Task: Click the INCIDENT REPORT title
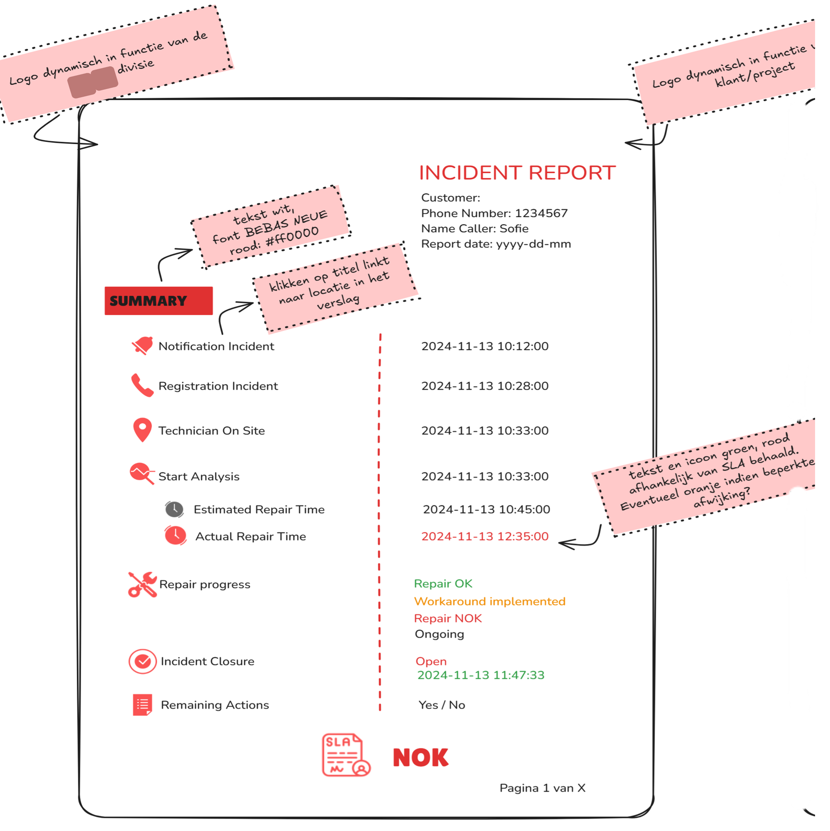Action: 517,173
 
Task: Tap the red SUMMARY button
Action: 159,301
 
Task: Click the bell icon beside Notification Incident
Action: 142,346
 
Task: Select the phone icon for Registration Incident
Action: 142,385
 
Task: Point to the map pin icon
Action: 142,429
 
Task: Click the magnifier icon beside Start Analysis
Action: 142,474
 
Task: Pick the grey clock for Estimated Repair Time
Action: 174,509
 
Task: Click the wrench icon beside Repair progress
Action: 142,584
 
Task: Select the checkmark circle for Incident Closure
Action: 142,661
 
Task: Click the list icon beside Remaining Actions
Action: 142,704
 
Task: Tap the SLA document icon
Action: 346,755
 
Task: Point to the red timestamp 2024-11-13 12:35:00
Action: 485,536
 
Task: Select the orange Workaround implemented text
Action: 489,601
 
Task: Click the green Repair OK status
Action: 443,584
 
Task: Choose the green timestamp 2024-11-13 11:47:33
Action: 481,675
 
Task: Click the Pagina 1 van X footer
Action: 542,788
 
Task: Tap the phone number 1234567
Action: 541,213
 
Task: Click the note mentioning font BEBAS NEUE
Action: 271,226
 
